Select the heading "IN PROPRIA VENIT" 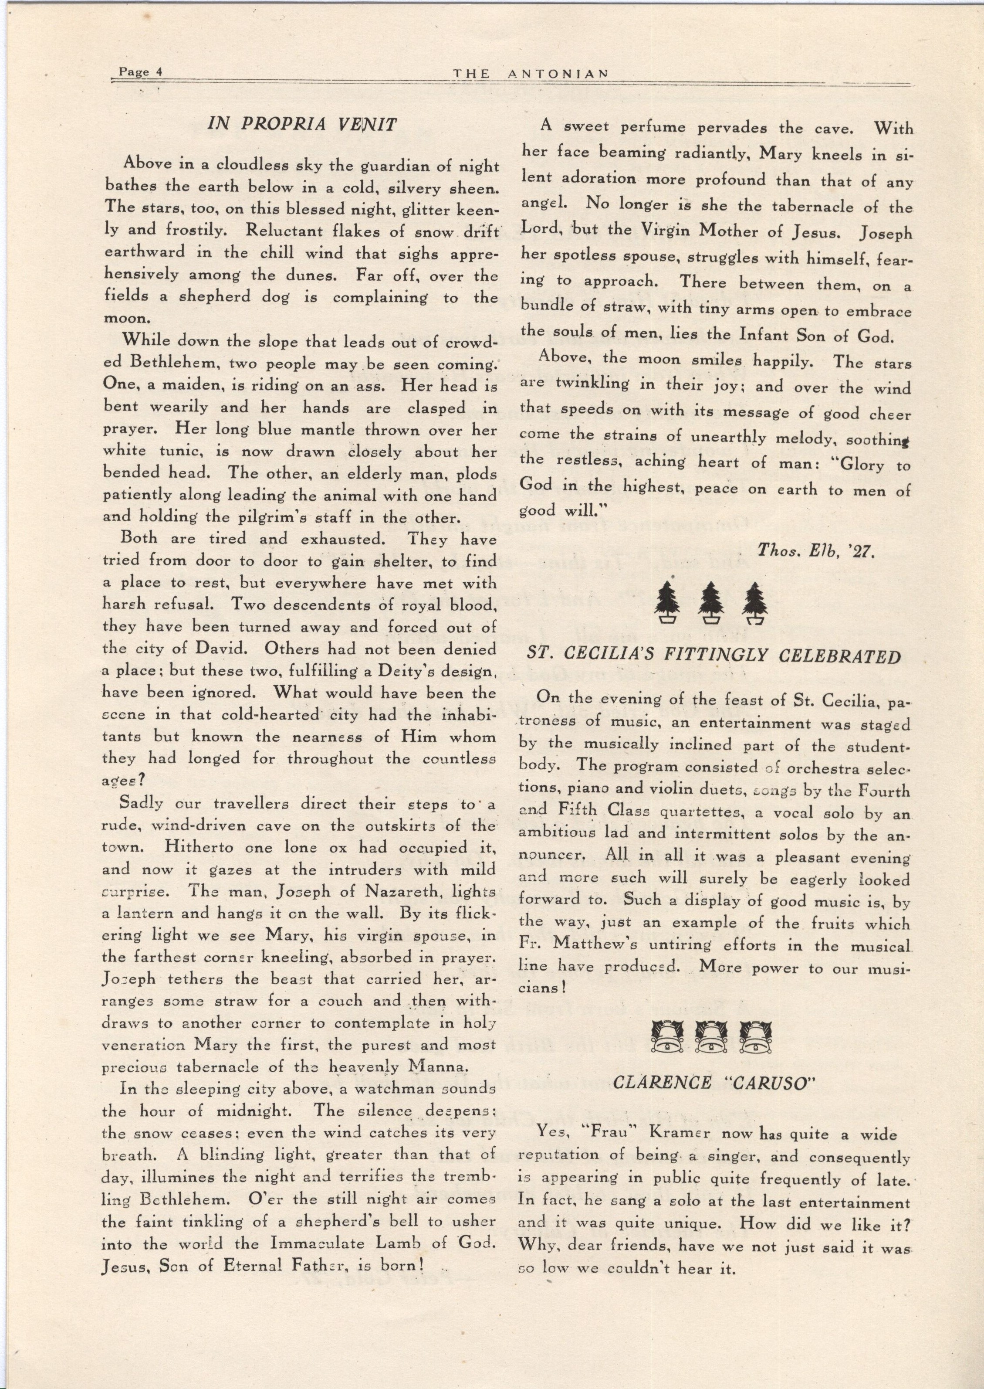point(301,124)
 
